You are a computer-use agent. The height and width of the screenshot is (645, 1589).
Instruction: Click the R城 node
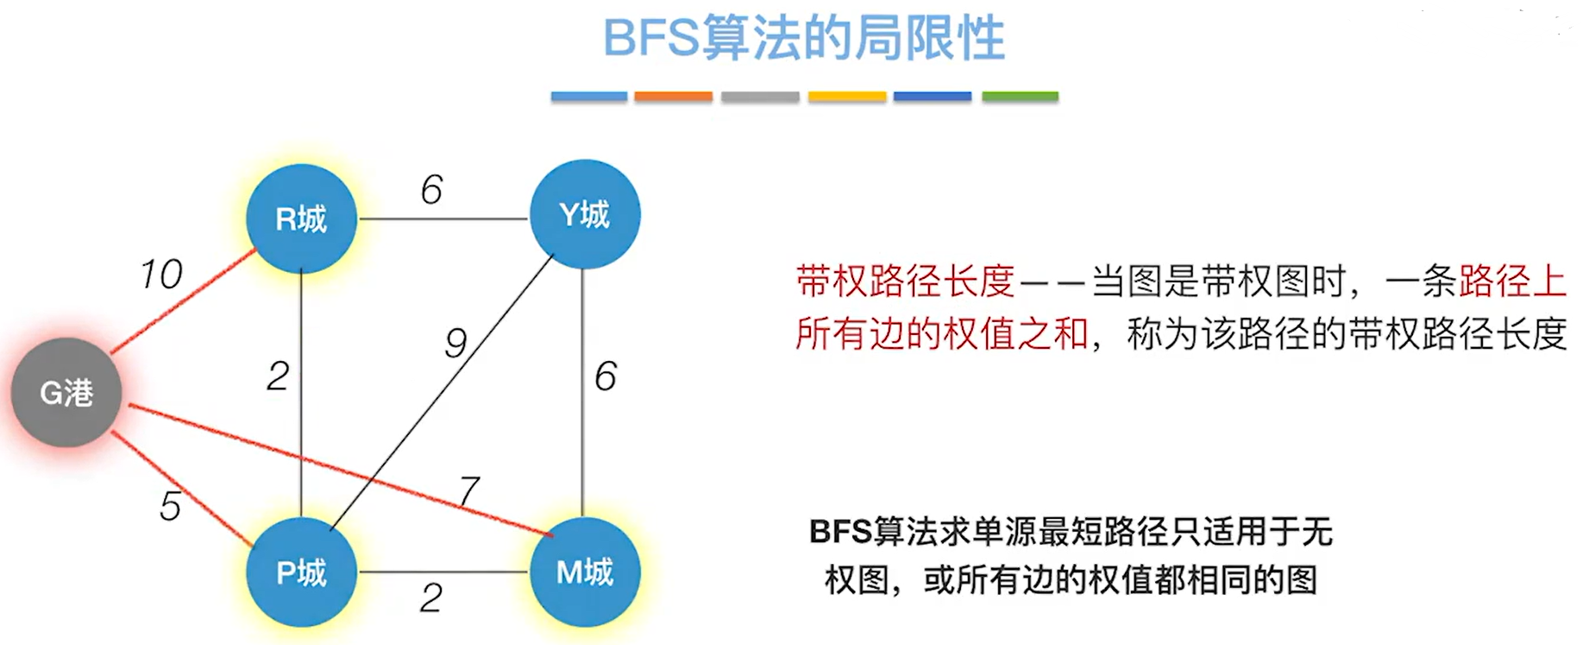point(301,218)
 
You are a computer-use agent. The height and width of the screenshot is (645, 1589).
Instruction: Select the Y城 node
point(584,214)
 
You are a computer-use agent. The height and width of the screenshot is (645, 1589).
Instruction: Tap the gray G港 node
point(66,393)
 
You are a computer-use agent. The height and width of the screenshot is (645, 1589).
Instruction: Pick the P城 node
point(301,572)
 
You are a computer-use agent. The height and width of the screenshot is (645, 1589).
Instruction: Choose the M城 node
point(584,572)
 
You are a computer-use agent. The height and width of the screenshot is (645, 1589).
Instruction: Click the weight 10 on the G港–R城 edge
point(161,275)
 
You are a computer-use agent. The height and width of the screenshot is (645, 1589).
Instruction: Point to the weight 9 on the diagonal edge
point(455,343)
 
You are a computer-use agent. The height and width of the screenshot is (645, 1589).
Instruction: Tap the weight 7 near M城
point(469,490)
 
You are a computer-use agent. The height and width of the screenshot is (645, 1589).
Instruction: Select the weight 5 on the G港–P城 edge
point(170,506)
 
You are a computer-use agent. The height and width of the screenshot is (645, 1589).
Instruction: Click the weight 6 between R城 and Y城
point(431,190)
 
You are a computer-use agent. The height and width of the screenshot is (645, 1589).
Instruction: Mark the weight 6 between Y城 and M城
point(606,376)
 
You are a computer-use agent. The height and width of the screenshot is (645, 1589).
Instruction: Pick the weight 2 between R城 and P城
point(278,376)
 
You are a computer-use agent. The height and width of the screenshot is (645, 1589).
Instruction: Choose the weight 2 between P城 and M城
point(431,598)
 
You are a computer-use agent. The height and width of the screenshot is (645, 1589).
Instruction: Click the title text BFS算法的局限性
point(803,39)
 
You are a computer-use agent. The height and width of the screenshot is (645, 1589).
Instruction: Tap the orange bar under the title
point(673,97)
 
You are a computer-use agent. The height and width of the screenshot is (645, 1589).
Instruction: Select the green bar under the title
point(1020,97)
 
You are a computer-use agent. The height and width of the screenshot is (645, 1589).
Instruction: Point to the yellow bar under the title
point(846,97)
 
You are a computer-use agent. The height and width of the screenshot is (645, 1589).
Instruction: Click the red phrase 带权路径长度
point(905,281)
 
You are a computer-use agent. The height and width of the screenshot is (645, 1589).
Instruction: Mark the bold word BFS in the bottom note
point(840,532)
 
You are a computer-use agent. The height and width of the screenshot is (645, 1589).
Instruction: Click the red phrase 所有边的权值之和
point(942,334)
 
